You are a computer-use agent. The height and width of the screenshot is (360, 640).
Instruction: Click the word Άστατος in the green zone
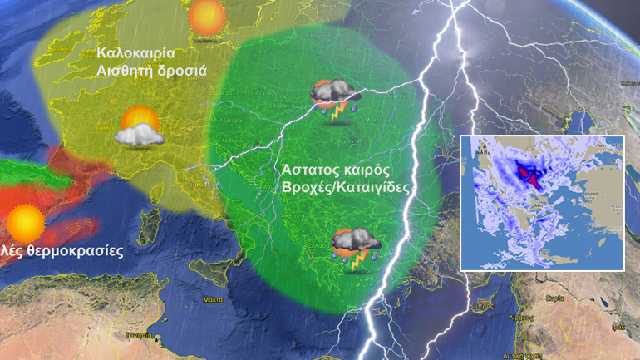(x=309, y=170)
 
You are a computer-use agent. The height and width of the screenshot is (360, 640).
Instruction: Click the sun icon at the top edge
(x=206, y=17)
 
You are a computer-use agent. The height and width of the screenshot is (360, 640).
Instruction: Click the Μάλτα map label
(x=213, y=299)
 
